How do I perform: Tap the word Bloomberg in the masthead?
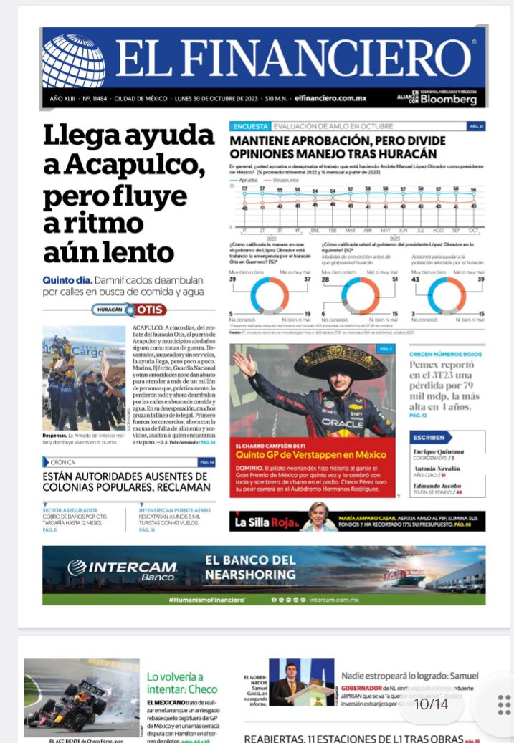pos(448,100)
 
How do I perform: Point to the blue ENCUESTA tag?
pos(249,126)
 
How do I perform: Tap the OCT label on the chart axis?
pos(473,230)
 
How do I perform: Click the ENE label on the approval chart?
pos(314,230)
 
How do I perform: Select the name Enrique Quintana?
pos(439,451)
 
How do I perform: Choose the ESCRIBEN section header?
pos(429,437)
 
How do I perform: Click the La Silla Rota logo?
pos(265,522)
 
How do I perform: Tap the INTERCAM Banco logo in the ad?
pos(122,570)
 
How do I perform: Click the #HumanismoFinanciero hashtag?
pos(206,599)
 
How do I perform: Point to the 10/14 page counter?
pos(431,704)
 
